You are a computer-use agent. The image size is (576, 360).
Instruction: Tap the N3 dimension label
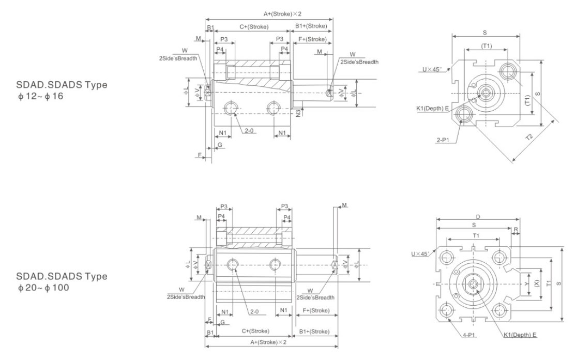coord(299,113)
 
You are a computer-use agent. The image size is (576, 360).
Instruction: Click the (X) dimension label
coord(537,284)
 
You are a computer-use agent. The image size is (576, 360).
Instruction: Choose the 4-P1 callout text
coord(469,335)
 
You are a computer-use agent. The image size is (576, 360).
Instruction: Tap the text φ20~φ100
coord(42,288)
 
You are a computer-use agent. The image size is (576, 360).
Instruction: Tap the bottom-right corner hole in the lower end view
coord(499,310)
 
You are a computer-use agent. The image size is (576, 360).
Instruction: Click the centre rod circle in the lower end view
coord(473,283)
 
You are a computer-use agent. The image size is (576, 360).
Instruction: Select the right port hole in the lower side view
coord(275,265)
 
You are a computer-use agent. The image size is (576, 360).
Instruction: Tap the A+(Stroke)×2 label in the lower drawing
coord(268,342)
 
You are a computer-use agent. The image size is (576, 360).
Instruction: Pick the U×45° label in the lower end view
coord(420,254)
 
